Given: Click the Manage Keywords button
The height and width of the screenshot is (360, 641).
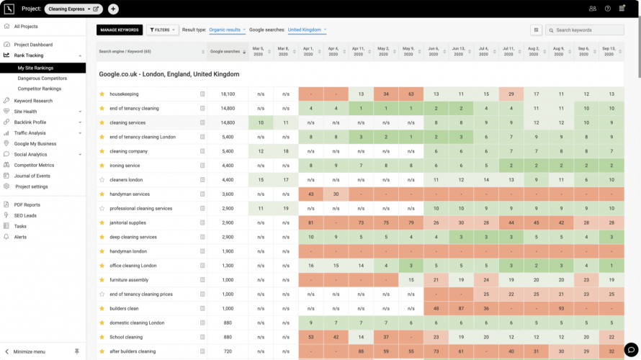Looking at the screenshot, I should click(120, 30).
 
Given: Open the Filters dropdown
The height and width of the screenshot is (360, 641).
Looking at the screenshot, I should click(162, 30).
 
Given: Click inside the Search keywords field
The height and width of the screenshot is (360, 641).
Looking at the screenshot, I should click(588, 30).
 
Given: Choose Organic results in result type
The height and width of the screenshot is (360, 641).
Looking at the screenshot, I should click(226, 30).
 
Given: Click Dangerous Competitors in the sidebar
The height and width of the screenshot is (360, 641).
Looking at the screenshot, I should click(42, 78).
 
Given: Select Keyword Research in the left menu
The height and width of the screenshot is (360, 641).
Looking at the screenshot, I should click(33, 101).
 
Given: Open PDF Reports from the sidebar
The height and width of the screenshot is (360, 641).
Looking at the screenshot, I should click(27, 204).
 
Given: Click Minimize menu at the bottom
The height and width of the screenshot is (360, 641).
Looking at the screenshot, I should click(30, 351).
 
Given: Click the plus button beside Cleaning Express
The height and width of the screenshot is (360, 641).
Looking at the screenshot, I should click(113, 9).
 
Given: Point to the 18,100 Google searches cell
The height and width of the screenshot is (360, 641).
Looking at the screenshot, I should click(228, 94).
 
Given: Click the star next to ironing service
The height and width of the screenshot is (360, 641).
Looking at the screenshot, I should click(102, 166).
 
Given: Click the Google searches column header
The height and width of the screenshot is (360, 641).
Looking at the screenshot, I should click(225, 52).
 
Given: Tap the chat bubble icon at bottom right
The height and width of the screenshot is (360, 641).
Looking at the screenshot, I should click(630, 349).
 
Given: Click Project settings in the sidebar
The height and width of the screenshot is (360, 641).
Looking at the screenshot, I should click(32, 186).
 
